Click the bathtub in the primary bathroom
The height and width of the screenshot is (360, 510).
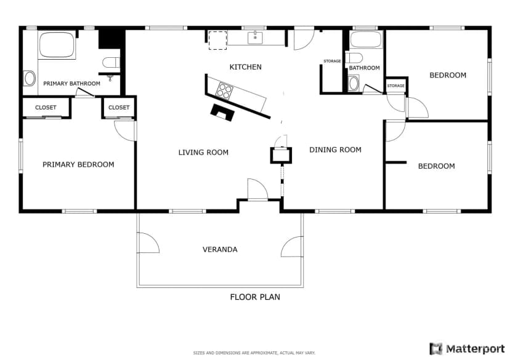[x=57, y=45]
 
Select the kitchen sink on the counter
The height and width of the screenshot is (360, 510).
[x=256, y=38]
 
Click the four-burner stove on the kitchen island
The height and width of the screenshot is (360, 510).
[x=225, y=90]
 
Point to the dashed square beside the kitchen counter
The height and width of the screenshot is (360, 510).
[x=217, y=40]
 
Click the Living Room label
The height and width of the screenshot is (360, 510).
[x=203, y=153]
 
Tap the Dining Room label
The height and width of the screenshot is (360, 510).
[x=335, y=150]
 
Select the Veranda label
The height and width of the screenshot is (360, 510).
[x=220, y=249]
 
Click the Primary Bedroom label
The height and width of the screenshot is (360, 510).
[x=78, y=165]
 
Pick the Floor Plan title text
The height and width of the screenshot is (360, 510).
[x=255, y=297]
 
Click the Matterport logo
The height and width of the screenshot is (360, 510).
[x=467, y=349]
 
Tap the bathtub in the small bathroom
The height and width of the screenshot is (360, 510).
[x=366, y=39]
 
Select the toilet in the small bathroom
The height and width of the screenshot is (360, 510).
[x=354, y=58]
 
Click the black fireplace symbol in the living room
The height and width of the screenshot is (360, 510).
[x=222, y=113]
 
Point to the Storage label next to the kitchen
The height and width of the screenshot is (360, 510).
[x=332, y=61]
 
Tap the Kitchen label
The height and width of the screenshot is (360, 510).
[x=246, y=67]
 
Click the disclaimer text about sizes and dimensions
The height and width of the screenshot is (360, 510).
[x=254, y=353]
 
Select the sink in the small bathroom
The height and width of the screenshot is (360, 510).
[x=354, y=83]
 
